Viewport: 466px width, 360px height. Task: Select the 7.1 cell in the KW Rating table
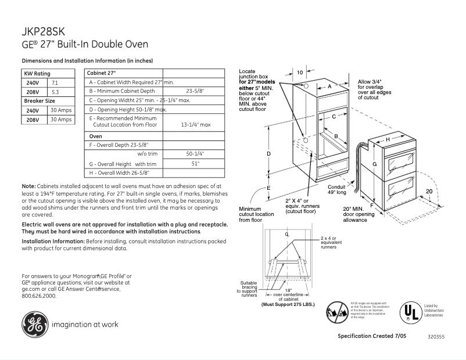55,83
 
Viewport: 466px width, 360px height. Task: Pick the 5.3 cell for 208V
55,92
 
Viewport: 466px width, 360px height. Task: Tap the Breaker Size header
40,101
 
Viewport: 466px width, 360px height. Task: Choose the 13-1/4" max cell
195,124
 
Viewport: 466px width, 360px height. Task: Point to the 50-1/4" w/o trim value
195,153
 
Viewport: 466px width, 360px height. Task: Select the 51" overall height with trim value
195,164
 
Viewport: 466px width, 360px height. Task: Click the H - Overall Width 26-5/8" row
119,173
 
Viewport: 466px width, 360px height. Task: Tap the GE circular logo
35,324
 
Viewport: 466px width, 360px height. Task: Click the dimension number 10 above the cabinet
300,73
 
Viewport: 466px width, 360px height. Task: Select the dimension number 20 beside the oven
429,191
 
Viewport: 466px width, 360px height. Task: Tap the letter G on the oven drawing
375,164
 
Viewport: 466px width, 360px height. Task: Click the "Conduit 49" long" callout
336,189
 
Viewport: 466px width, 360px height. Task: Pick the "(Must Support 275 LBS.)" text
288,304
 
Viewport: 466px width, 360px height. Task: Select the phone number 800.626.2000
39,296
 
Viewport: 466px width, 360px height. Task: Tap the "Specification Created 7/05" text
372,336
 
